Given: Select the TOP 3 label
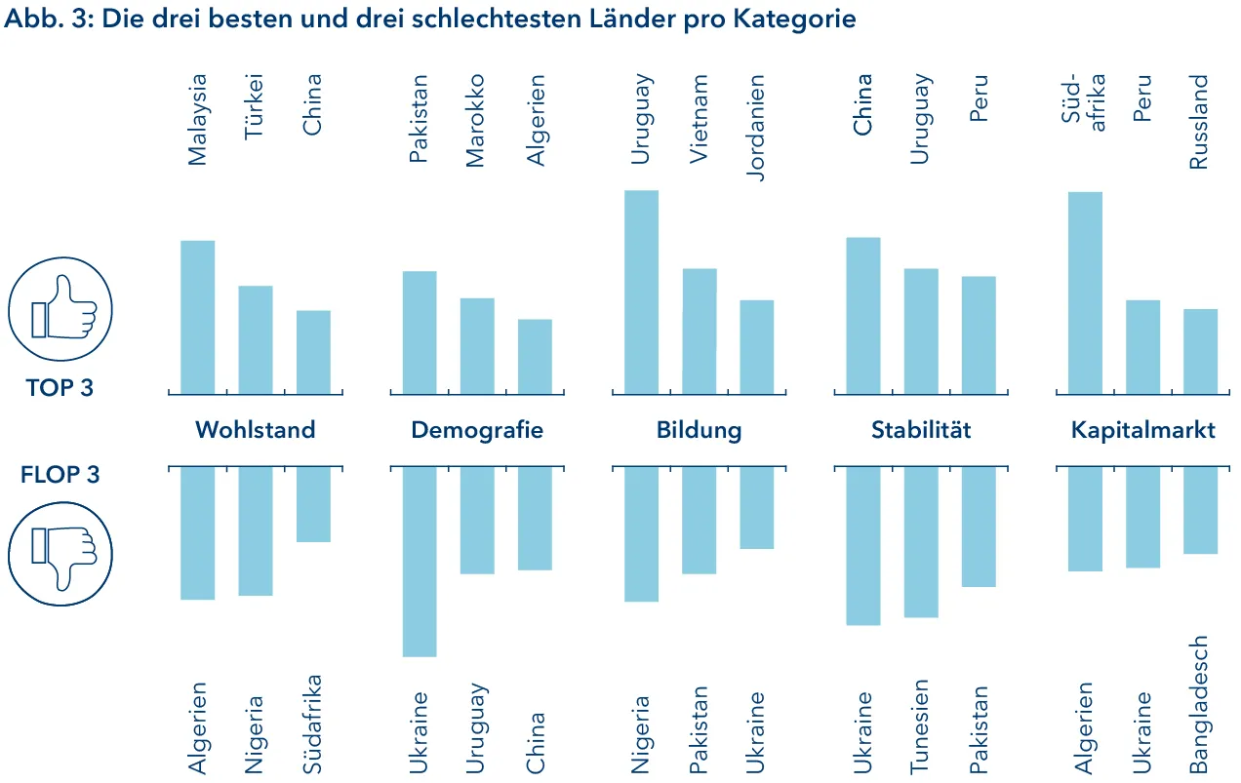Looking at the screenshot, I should coord(60,388).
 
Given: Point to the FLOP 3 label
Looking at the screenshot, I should coord(60,475).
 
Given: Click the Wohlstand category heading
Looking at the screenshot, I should coord(255,430).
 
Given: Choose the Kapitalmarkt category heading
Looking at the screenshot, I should coord(1142,430).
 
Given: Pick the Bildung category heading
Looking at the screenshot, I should coord(699,430).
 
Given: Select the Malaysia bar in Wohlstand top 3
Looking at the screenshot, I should coord(198,317).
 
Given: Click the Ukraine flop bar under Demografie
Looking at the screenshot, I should coord(420,561).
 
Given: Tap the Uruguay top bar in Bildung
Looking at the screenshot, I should coord(641,292).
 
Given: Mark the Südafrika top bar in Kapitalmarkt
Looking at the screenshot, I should coord(1085,293).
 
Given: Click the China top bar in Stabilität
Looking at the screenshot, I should coord(863,315).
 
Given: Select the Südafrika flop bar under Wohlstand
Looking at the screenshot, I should coord(313,504).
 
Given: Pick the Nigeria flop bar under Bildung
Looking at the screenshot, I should coord(641,533).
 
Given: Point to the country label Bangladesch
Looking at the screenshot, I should coord(1200,705).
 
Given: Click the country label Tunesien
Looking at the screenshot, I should coord(921,726).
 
